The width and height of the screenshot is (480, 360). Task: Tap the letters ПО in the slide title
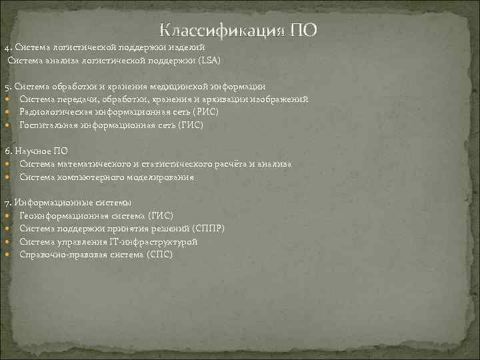303,31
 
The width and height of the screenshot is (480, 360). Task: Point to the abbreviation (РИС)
204,112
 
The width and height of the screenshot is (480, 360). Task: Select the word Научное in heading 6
32,151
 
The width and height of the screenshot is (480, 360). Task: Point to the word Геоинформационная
58,216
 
